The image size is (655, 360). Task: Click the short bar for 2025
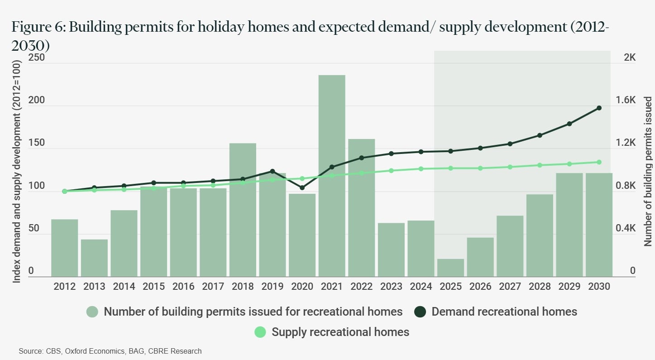[450, 268]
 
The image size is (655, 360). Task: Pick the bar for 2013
[94, 258]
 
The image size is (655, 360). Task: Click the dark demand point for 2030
[599, 108]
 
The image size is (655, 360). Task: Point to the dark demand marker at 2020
[302, 187]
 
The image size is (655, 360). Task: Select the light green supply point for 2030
[599, 162]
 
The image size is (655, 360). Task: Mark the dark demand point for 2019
[272, 171]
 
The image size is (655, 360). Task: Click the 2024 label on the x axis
[421, 287]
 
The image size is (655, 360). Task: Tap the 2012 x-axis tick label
[64, 287]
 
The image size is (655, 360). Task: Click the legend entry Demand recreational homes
[504, 312]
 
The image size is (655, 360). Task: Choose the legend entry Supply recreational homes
[340, 332]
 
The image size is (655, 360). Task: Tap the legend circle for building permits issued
[92, 312]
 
